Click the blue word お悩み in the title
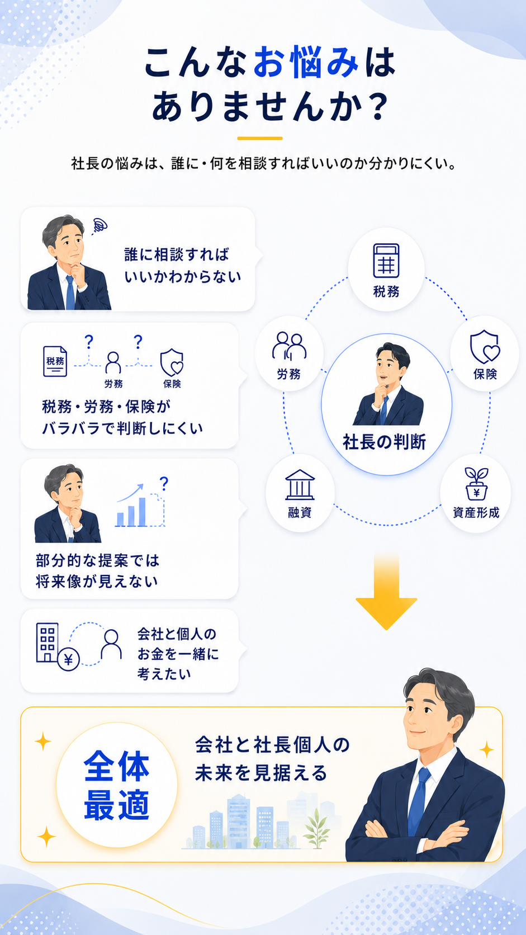(x=306, y=62)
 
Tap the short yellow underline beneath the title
(x=260, y=138)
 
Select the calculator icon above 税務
(x=386, y=261)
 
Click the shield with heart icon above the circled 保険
(x=485, y=347)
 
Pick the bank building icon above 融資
(x=300, y=485)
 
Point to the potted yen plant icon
(x=476, y=483)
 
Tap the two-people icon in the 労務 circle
(x=289, y=346)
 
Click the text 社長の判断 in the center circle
(x=384, y=442)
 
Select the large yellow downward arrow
(x=386, y=593)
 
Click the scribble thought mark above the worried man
(x=99, y=226)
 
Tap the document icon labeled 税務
(x=55, y=361)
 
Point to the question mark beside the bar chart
(x=164, y=483)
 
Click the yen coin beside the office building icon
(x=68, y=660)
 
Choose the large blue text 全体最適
(x=116, y=785)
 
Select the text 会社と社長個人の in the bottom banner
(x=272, y=745)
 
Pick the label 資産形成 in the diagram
(x=476, y=512)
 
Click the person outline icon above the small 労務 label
(x=113, y=362)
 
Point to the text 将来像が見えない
(x=97, y=582)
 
